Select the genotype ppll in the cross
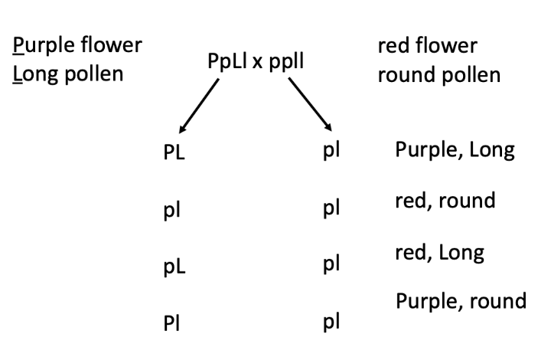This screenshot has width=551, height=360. (285, 62)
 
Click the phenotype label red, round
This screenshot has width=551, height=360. (445, 201)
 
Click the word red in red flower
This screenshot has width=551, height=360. (392, 46)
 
